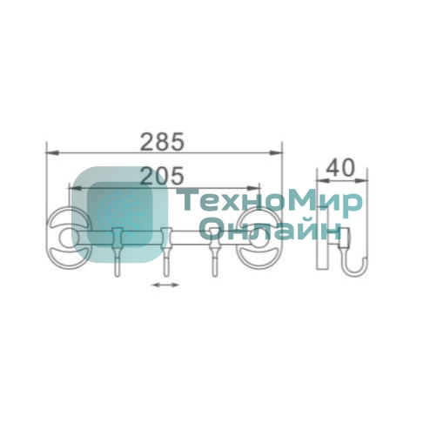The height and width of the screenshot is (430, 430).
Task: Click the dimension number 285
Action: [162, 142]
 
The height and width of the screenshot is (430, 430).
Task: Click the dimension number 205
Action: [162, 176]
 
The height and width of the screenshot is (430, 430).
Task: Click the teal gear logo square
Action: [120, 215]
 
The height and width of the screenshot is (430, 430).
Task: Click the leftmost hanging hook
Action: [117, 252]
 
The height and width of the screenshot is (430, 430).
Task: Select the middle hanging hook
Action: [165, 252]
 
